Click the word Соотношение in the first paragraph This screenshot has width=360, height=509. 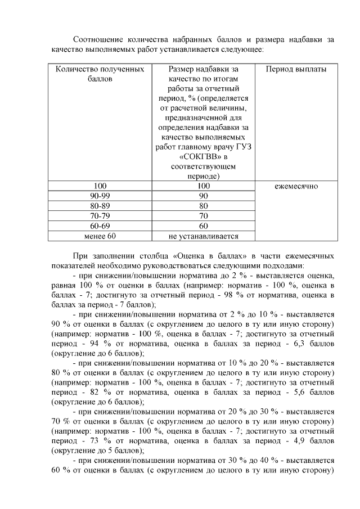tap(99, 39)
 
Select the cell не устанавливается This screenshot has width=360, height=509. tap(203, 236)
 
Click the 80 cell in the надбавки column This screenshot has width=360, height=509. tap(203, 206)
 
